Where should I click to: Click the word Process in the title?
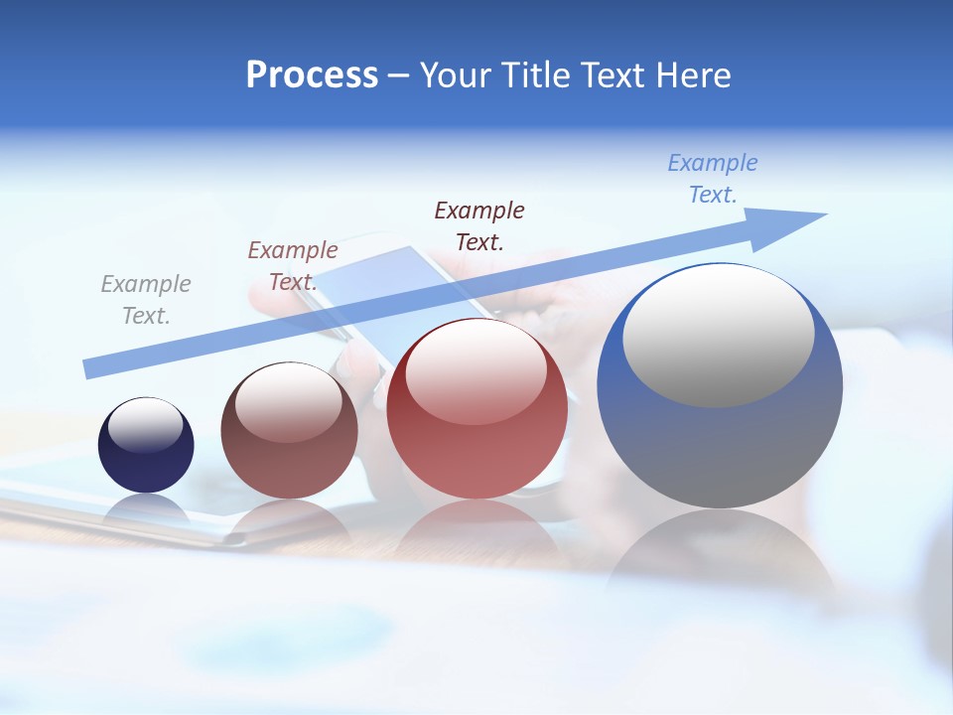(x=312, y=75)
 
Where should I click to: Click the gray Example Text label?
(x=146, y=299)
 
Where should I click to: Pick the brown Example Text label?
(x=293, y=265)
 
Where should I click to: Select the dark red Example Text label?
(x=479, y=225)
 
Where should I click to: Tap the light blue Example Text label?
(x=713, y=178)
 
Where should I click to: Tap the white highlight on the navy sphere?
(x=145, y=425)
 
